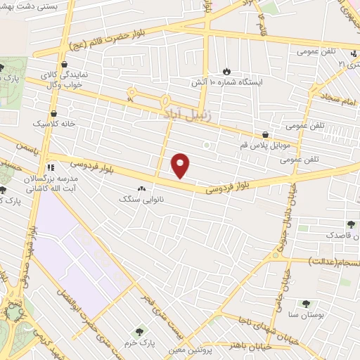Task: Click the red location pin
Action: [x=181, y=166]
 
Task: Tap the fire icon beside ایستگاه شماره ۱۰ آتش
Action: [x=226, y=70]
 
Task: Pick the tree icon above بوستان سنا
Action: [x=305, y=304]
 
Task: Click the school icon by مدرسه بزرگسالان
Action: [x=50, y=168]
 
